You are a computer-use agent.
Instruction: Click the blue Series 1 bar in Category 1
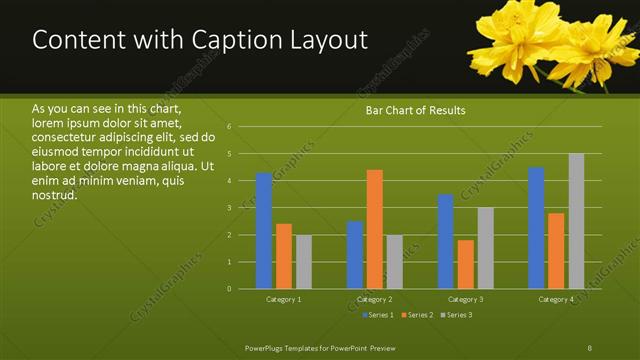pyautogui.click(x=263, y=231)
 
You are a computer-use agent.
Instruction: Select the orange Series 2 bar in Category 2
pyautogui.click(x=375, y=229)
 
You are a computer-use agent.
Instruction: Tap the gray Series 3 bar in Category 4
pyautogui.click(x=576, y=221)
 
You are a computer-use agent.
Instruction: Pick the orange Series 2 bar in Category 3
pyautogui.click(x=466, y=264)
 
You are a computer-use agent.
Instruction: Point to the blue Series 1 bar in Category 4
pyautogui.click(x=536, y=228)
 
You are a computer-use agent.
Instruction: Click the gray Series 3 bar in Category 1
pyautogui.click(x=303, y=262)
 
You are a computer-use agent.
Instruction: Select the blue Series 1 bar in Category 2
pyautogui.click(x=355, y=255)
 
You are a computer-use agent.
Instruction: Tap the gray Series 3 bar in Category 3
pyautogui.click(x=485, y=248)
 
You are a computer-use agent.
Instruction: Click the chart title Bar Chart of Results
pyautogui.click(x=416, y=110)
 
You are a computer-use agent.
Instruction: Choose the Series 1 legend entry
pyautogui.click(x=378, y=315)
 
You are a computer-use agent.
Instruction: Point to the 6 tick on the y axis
pyautogui.click(x=229, y=127)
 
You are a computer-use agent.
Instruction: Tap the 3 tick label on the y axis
pyautogui.click(x=229, y=208)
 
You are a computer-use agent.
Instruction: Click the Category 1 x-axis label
pyautogui.click(x=284, y=299)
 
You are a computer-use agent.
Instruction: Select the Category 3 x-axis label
pyautogui.click(x=465, y=299)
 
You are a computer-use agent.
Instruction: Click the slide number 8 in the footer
pyautogui.click(x=590, y=346)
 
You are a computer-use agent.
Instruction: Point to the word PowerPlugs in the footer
pyautogui.click(x=267, y=346)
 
